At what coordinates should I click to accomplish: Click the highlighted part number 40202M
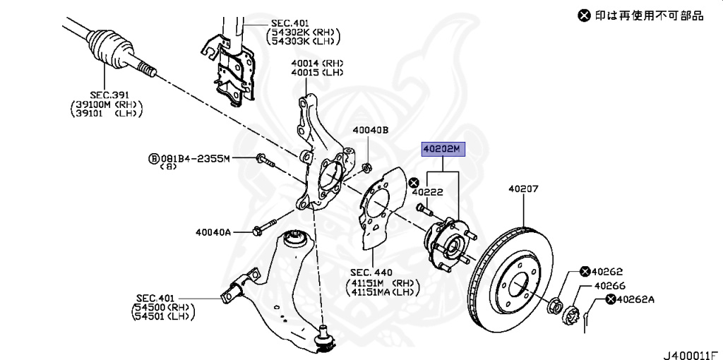[x=441, y=149]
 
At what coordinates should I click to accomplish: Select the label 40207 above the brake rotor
[x=523, y=188]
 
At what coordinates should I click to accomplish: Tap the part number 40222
[x=427, y=191]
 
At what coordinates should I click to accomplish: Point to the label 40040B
[x=371, y=130]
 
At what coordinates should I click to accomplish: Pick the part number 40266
[x=609, y=286]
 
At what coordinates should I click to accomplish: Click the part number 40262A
[x=635, y=299]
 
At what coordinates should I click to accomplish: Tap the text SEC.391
[x=106, y=93]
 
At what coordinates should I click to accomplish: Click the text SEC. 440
[x=371, y=272]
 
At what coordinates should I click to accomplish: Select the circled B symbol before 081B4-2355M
[x=152, y=159]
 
